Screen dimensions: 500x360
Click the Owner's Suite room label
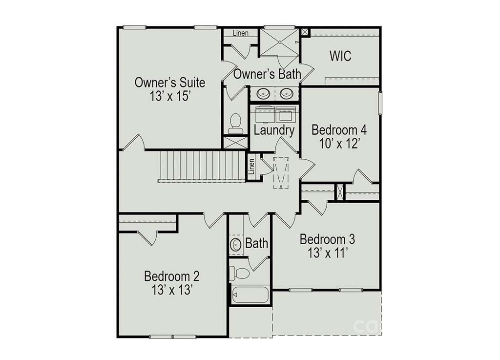pyautogui.click(x=169, y=83)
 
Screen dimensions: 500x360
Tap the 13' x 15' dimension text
pyautogui.click(x=170, y=96)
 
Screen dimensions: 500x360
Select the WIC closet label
pyautogui.click(x=340, y=56)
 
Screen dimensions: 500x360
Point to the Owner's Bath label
pyautogui.click(x=267, y=74)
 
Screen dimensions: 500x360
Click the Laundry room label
pyautogui.click(x=274, y=130)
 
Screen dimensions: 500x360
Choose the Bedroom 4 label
pyautogui.click(x=339, y=130)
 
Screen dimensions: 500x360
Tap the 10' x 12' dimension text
pyautogui.click(x=340, y=144)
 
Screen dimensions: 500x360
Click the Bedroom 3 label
pyautogui.click(x=327, y=239)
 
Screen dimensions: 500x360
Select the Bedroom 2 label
pyautogui.click(x=171, y=276)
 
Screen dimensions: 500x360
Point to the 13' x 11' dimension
pyautogui.click(x=328, y=253)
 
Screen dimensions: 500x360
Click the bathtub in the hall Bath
pyautogui.click(x=250, y=295)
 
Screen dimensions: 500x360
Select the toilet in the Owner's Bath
pyautogui.click(x=236, y=124)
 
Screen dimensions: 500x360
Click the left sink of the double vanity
pyautogui.click(x=263, y=94)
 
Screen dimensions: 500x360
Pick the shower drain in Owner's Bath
pyautogui.click(x=280, y=42)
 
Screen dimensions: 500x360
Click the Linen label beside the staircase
pyautogui.click(x=251, y=167)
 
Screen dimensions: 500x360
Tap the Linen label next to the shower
pyautogui.click(x=240, y=33)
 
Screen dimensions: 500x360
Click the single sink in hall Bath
pyautogui.click(x=236, y=245)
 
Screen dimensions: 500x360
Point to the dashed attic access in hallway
pyautogui.click(x=281, y=173)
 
